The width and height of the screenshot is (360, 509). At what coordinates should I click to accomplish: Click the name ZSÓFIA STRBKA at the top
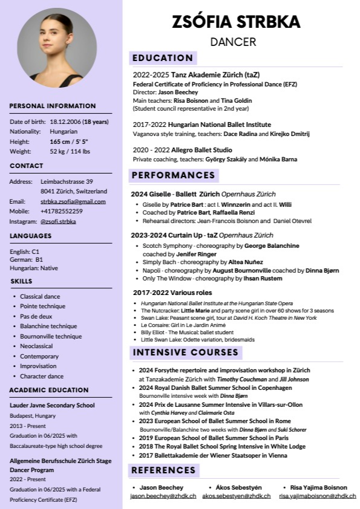pyautogui.click(x=236, y=22)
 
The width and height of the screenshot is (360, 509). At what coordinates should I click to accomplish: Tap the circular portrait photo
pyautogui.click(x=57, y=48)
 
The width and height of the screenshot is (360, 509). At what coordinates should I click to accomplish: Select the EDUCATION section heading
pyautogui.click(x=163, y=58)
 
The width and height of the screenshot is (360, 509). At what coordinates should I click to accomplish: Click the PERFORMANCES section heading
pyautogui.click(x=173, y=175)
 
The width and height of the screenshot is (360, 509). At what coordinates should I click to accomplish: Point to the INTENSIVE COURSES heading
pyautogui.click(x=186, y=352)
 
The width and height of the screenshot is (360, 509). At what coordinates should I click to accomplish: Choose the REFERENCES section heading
pyautogui.click(x=163, y=470)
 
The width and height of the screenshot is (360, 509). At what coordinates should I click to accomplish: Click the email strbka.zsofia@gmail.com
pyautogui.click(x=73, y=201)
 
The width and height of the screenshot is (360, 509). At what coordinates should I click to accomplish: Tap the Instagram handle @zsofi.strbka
pyautogui.click(x=58, y=222)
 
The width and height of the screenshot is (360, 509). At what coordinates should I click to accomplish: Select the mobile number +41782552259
pyautogui.click(x=62, y=212)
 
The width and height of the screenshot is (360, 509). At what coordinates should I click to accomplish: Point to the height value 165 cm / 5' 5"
pyautogui.click(x=69, y=141)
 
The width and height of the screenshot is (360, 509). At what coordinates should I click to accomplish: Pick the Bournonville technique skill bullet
pyautogui.click(x=51, y=337)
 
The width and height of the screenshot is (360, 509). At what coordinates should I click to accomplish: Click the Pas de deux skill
pyautogui.click(x=36, y=317)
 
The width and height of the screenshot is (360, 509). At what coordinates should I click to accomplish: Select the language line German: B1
pyautogui.click(x=27, y=259)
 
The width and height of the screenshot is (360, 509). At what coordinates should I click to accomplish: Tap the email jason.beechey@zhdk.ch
pyautogui.click(x=163, y=496)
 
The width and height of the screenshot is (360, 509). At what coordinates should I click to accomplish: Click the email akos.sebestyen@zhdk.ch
pyautogui.click(x=237, y=496)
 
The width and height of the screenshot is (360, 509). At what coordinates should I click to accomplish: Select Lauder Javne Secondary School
pyautogui.click(x=52, y=405)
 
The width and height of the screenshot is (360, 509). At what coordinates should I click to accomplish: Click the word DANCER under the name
pyautogui.click(x=234, y=42)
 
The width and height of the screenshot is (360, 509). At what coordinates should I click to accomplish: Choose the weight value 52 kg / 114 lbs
pyautogui.click(x=70, y=151)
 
